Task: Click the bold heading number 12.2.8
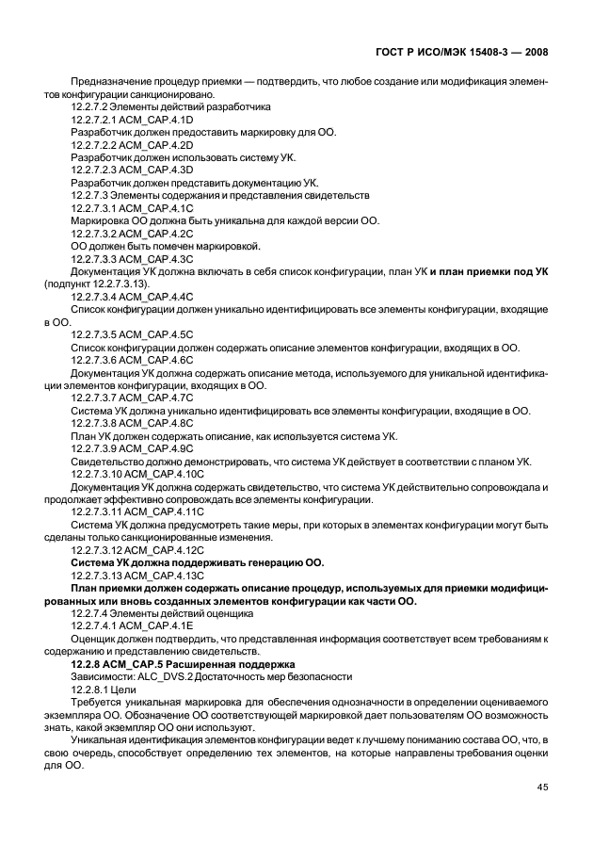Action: coord(88,664)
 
